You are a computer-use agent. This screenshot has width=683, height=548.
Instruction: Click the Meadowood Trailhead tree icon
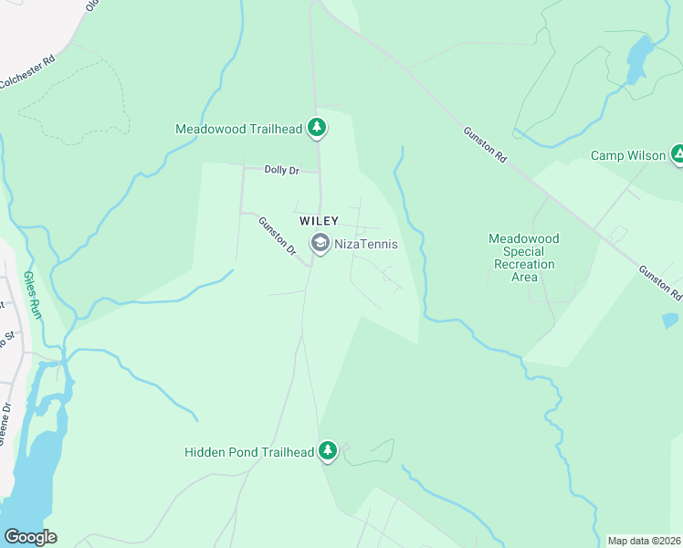(x=316, y=128)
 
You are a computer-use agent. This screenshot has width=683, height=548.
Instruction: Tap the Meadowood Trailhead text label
(x=238, y=130)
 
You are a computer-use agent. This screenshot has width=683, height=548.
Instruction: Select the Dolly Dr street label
(x=281, y=170)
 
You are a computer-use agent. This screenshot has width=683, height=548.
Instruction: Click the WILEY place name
(x=319, y=221)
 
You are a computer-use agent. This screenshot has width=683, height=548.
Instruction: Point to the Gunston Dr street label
(x=278, y=236)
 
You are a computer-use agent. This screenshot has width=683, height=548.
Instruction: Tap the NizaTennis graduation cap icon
(x=320, y=243)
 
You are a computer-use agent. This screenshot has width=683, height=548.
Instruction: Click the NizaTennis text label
(x=365, y=244)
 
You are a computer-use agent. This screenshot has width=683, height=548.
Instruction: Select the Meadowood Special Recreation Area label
(x=523, y=258)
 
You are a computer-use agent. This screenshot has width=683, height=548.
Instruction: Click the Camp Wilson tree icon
(x=678, y=155)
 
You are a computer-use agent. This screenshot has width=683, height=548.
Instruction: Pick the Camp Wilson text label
(x=627, y=156)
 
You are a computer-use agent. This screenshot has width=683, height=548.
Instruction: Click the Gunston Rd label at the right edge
(x=660, y=283)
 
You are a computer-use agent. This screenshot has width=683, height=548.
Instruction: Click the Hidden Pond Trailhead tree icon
(x=328, y=451)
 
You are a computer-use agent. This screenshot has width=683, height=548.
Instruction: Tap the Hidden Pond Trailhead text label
(x=249, y=452)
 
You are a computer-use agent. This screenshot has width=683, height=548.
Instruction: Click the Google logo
(x=30, y=537)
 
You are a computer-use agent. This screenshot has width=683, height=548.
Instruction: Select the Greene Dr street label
(x=5, y=419)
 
